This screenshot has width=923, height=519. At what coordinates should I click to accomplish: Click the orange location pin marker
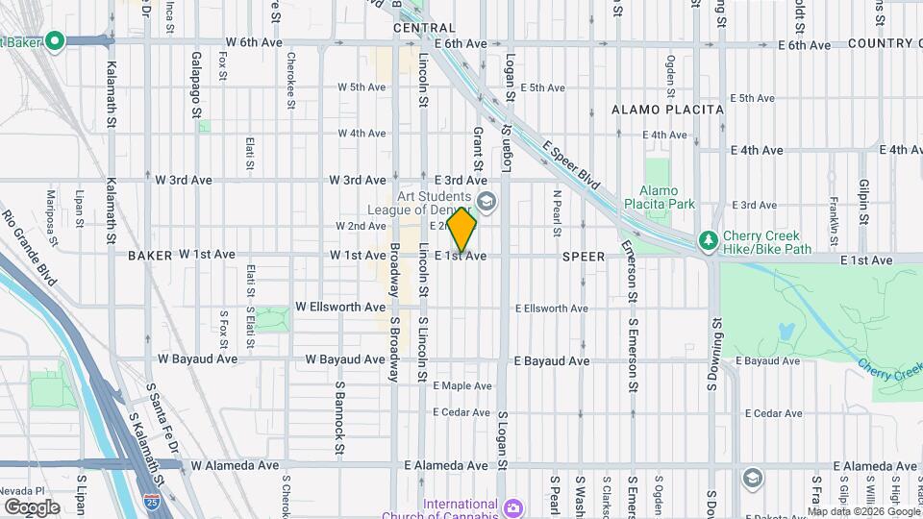462,229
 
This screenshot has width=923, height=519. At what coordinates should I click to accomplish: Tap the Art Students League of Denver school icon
486,202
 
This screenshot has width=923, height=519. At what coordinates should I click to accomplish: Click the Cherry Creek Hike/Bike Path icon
709,238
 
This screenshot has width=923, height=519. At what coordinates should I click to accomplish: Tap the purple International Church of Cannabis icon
514,506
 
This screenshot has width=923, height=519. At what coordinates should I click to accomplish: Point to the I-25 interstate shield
151,501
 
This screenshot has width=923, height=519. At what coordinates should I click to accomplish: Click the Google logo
32,507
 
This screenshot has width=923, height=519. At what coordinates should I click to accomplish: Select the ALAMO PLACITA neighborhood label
667,110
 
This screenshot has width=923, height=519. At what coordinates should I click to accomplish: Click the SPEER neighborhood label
584,257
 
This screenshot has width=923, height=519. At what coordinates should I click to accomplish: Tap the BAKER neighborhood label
148,256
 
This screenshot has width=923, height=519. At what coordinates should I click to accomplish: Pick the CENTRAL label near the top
423,29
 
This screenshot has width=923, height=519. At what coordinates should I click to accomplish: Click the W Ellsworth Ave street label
340,307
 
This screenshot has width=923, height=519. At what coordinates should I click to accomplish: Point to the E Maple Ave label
461,385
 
